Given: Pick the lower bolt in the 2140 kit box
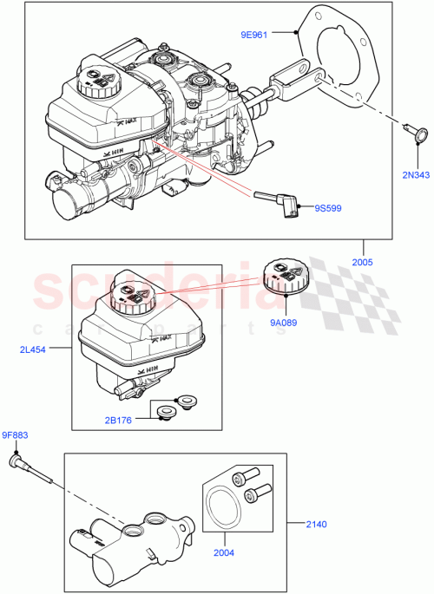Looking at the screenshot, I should coord(254,495).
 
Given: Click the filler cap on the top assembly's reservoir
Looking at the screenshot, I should coord(98,82).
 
